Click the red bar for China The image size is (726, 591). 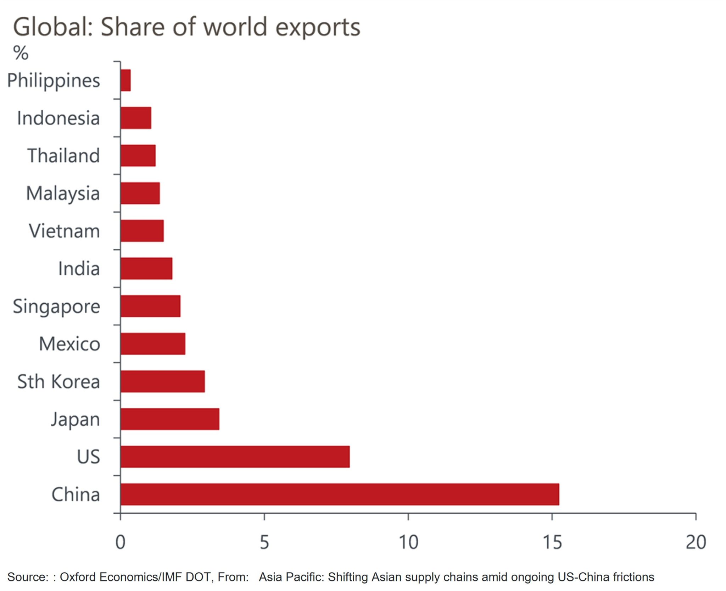(339, 494)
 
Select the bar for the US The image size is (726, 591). (235, 457)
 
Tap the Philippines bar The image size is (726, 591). (125, 80)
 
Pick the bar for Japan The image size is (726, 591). (169, 419)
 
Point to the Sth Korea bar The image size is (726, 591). (162, 381)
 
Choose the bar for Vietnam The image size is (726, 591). (142, 231)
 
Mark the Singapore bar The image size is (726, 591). (150, 306)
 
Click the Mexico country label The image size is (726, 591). (69, 344)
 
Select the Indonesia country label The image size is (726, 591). (58, 118)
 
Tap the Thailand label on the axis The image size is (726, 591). (63, 156)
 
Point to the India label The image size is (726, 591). (79, 269)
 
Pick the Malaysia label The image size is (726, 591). (63, 194)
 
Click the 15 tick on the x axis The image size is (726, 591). (552, 542)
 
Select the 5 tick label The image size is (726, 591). (264, 542)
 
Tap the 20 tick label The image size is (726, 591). (696, 542)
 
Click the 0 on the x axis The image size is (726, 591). (121, 542)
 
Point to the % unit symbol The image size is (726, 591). (21, 53)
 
